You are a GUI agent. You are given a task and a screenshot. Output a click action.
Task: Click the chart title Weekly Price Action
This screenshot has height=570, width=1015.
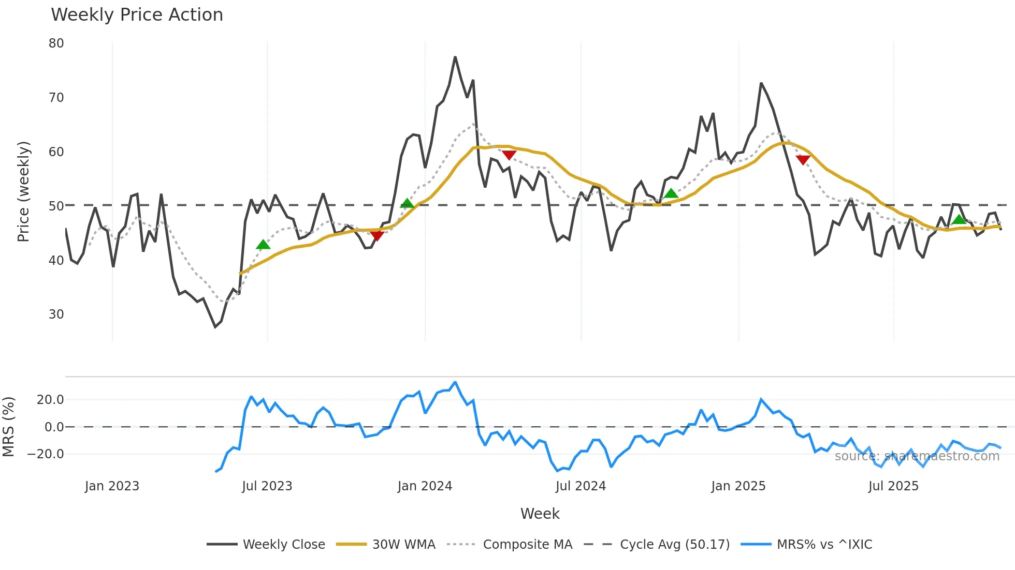coord(137,15)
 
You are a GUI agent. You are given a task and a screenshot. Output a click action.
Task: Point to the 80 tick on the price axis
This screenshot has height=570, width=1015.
coord(56,43)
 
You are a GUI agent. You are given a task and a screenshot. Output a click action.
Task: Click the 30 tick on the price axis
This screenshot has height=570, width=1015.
coord(56,314)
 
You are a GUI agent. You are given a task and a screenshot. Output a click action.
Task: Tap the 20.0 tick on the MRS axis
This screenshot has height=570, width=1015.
coord(50,400)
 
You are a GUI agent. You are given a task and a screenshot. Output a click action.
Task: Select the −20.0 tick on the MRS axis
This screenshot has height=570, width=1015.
coord(46,454)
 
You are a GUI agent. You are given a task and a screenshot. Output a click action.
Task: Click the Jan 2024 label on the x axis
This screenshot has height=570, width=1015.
coord(425,486)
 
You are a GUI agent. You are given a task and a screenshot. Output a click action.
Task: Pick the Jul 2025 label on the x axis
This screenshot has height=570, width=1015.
coord(893,486)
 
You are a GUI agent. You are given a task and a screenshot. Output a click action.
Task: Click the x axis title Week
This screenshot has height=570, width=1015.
coord(540,514)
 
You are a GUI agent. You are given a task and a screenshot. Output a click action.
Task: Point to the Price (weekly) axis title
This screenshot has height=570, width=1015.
coord(23,191)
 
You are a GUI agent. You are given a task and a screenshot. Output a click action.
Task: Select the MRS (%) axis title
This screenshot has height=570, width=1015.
coord(9,427)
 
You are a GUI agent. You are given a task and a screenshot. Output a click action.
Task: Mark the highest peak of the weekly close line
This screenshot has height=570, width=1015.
coord(455,57)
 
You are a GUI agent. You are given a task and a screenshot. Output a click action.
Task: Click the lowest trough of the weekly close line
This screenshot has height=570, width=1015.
coord(215,327)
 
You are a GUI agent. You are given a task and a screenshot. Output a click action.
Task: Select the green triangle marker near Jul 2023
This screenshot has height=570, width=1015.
coord(263,245)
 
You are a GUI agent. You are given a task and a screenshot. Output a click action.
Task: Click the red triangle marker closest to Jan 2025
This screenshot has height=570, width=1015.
coord(803,160)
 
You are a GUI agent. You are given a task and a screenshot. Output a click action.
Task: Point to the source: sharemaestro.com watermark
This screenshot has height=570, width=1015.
coord(917,456)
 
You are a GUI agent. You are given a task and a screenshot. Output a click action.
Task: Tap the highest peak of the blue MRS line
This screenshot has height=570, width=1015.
coord(455,382)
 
